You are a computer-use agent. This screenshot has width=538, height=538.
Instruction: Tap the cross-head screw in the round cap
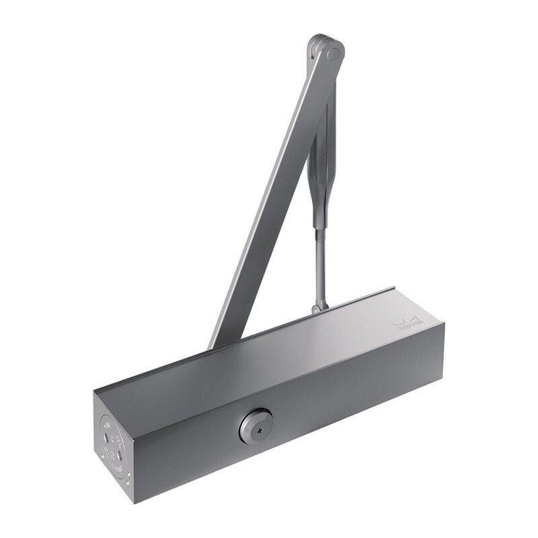coord(256,426)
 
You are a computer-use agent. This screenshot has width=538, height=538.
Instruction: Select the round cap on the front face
coord(256,426)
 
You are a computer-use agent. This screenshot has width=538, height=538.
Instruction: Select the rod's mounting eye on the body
coord(319,308)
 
